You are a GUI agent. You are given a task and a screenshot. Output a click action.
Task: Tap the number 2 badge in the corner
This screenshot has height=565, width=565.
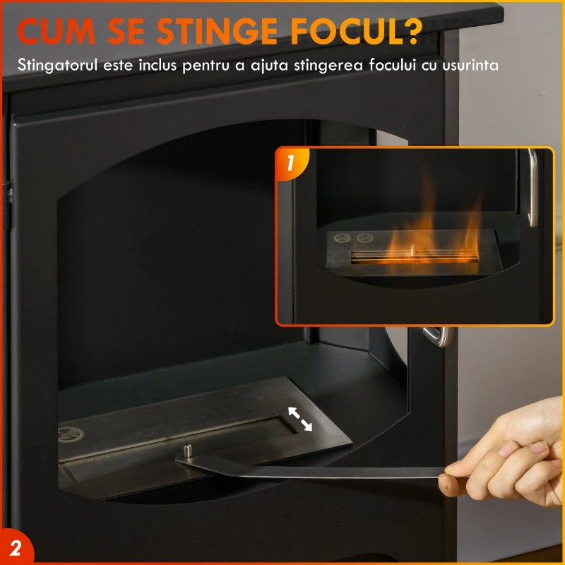coord(15,548)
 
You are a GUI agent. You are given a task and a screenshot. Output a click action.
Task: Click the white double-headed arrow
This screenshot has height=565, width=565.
coord(299,418)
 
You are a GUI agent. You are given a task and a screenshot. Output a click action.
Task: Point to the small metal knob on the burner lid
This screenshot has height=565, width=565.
coord(188,451)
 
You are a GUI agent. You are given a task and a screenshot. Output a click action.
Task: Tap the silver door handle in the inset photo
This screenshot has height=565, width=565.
coord(532,187)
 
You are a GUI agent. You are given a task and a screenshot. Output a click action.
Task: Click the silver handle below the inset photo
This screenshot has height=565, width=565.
coord(439,337)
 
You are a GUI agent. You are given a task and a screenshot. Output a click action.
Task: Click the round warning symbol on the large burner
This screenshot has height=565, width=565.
coord(71,433)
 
